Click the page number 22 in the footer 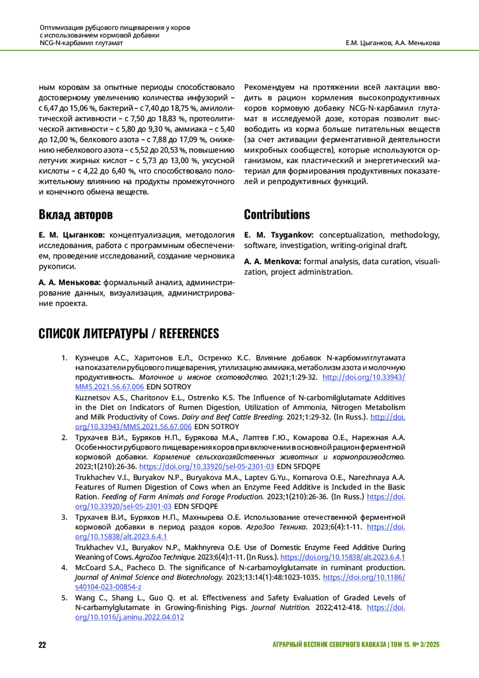click(x=42, y=644)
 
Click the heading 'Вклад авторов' click(x=75, y=215)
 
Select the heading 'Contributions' click(x=277, y=215)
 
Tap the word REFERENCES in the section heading click(x=189, y=334)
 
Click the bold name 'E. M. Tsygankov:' click(x=279, y=235)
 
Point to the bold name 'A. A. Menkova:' click(x=272, y=261)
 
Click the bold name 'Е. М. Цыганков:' click(x=72, y=235)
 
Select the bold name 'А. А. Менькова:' click(x=70, y=282)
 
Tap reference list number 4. click(x=64, y=567)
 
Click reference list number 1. click(x=64, y=358)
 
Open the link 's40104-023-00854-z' click(x=108, y=587)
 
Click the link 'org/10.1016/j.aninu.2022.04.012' click(x=129, y=617)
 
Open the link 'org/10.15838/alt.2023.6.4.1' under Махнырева click(x=121, y=537)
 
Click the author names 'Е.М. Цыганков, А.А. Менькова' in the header click(x=393, y=43)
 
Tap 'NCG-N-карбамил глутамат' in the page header click(x=81, y=43)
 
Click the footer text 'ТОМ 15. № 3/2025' click(x=415, y=644)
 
